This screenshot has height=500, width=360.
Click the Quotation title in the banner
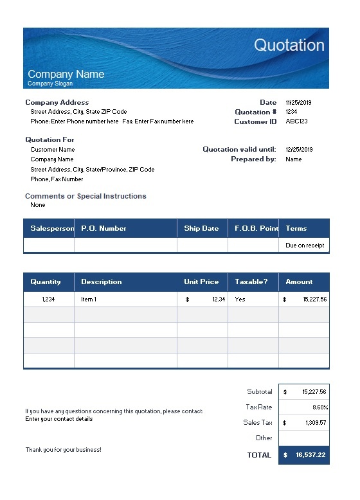tap(289, 45)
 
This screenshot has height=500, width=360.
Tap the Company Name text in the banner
tap(66, 74)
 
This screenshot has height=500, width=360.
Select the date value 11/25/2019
tap(298, 102)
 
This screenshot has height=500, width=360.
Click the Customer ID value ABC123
tap(296, 121)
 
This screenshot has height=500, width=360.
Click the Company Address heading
tap(57, 102)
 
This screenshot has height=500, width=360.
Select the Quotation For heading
tap(50, 139)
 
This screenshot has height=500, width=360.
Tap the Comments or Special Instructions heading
tap(85, 196)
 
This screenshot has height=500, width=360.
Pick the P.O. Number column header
tap(104, 228)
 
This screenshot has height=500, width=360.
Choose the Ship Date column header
tap(201, 228)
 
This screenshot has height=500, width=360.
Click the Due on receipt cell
tap(305, 245)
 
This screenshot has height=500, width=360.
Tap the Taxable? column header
tap(251, 281)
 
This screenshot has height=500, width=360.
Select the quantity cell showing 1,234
tap(49, 299)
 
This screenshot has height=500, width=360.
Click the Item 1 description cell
tap(89, 299)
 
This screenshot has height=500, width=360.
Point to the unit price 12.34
tap(219, 299)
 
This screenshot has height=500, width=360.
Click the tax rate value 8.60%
tap(318, 407)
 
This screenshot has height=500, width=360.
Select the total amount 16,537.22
tap(310, 455)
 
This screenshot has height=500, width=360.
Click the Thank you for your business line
tap(63, 450)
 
